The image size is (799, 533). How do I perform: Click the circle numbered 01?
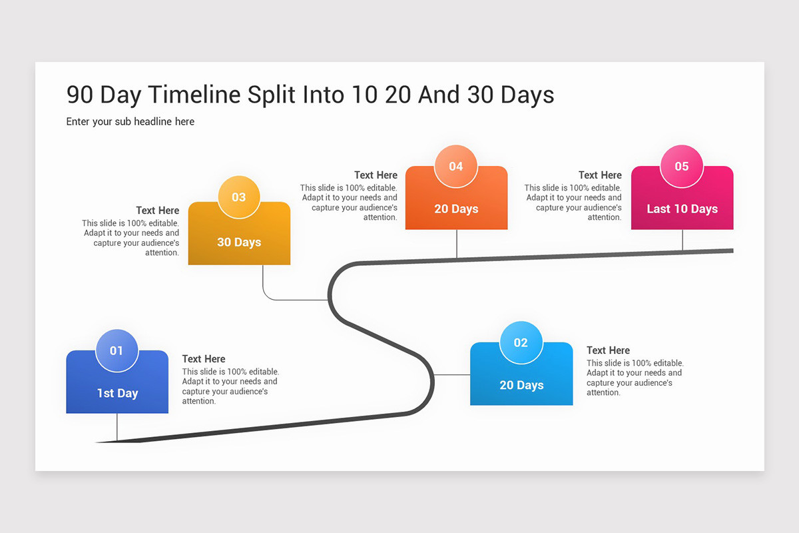tap(117, 350)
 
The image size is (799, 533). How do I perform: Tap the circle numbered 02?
tap(521, 342)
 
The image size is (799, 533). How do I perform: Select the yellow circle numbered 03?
tap(238, 197)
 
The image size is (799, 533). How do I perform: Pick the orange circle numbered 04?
tap(455, 166)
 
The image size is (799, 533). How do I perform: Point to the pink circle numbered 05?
tap(681, 166)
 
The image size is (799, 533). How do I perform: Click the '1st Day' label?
tap(117, 393)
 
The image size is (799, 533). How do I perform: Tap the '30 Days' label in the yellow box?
tap(239, 243)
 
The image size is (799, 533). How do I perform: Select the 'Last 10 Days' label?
tap(682, 209)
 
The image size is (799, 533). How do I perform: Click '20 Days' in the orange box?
tap(456, 209)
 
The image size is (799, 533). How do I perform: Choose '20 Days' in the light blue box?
tap(521, 385)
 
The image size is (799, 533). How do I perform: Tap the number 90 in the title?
tap(80, 95)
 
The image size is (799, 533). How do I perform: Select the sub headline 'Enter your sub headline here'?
tap(131, 121)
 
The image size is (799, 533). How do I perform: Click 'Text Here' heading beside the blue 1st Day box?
tap(204, 358)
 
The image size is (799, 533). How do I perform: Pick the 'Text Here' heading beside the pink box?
tap(600, 175)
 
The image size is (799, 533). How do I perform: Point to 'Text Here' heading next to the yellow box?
tap(158, 210)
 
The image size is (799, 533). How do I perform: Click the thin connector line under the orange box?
tap(457, 244)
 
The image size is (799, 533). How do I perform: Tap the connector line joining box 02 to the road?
tap(452, 374)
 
